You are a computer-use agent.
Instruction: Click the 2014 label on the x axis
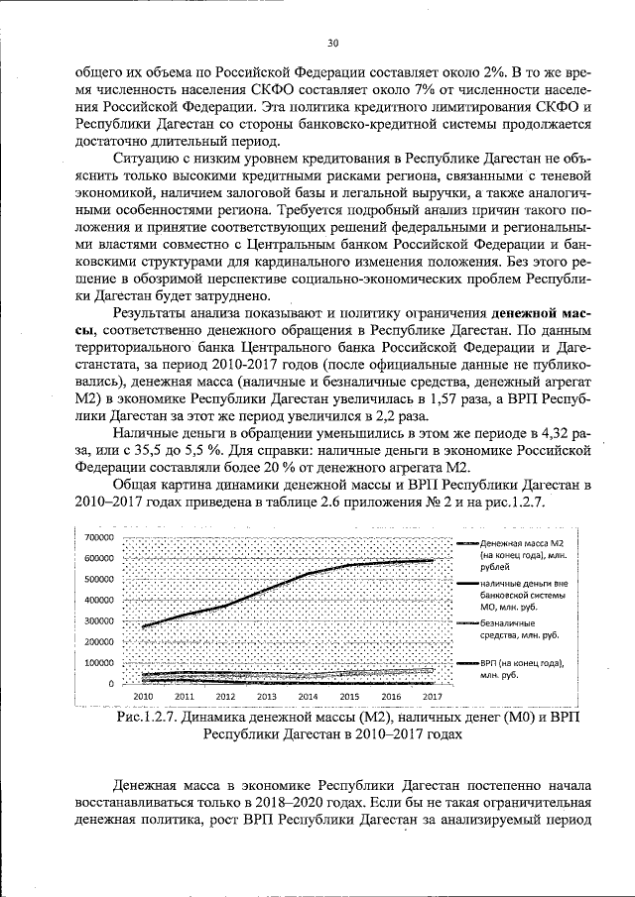[x=309, y=697]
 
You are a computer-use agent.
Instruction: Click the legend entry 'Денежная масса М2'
[x=522, y=545]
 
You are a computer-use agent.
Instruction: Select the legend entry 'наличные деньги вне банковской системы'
[x=522, y=595]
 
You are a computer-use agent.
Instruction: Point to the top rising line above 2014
[x=309, y=574]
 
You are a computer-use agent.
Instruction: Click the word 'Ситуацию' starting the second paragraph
[x=149, y=161]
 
